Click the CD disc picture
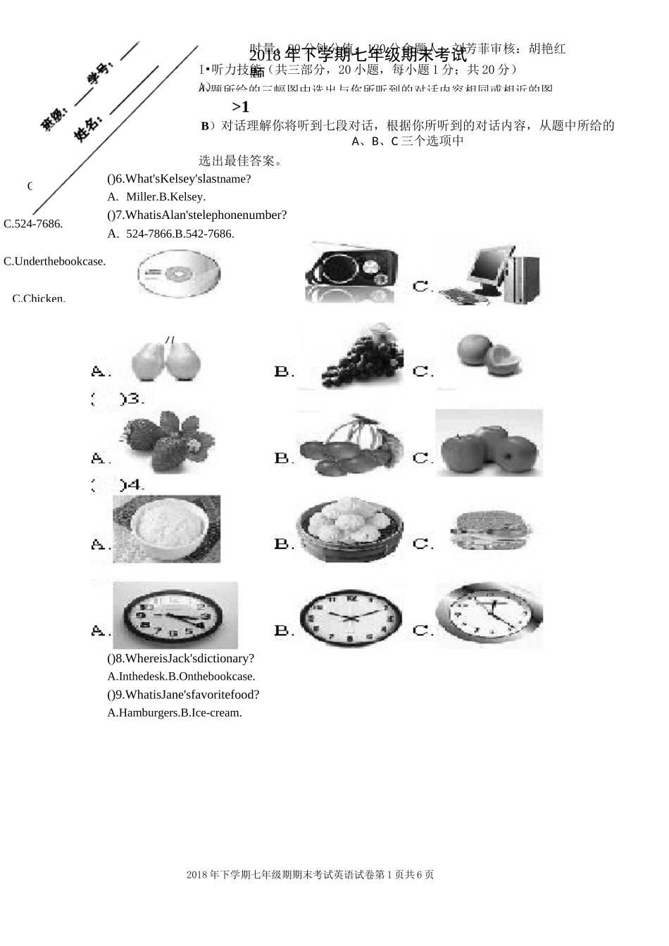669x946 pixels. click(x=179, y=273)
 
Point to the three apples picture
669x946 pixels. click(x=488, y=443)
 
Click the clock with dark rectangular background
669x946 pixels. click(x=175, y=614)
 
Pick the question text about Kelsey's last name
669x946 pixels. click(x=180, y=179)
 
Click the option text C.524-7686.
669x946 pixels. click(x=33, y=224)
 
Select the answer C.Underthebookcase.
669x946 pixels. click(x=55, y=261)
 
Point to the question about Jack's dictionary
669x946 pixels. click(x=181, y=658)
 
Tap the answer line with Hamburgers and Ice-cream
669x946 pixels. click(x=175, y=712)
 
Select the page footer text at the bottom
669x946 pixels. click(x=311, y=875)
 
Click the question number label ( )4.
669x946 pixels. click(x=118, y=485)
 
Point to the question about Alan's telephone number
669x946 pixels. click(x=197, y=215)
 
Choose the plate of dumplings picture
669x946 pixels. click(x=350, y=529)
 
